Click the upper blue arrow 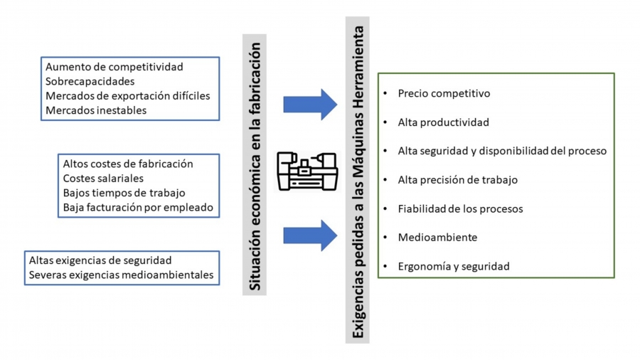click(310, 105)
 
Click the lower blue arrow click(310, 235)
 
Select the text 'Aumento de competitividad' click(114, 67)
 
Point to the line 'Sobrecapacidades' click(90, 81)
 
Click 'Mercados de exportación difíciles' click(127, 95)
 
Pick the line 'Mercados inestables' click(96, 110)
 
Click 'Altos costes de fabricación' click(128, 164)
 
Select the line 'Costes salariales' click(103, 178)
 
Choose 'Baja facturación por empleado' click(138, 208)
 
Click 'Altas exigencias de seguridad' click(100, 260)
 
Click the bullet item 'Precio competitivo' click(444, 93)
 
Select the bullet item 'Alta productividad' click(443, 122)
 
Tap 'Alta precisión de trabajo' click(457, 180)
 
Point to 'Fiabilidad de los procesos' click(460, 208)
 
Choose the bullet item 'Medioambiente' click(437, 237)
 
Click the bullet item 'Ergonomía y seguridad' click(454, 266)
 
